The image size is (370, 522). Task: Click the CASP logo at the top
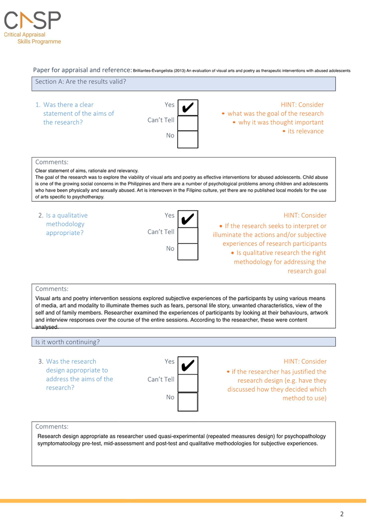pyautogui.click(x=32, y=20)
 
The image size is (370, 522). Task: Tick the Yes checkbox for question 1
pyautogui.click(x=188, y=108)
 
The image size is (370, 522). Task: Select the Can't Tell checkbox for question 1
pyautogui.click(x=188, y=123)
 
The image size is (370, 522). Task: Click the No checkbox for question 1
pyautogui.click(x=188, y=139)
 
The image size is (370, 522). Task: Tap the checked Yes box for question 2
pyautogui.click(x=188, y=218)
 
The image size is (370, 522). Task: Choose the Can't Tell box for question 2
pyautogui.click(x=188, y=235)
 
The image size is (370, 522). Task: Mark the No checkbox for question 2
pyautogui.click(x=188, y=251)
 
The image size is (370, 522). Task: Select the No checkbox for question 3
pyautogui.click(x=188, y=401)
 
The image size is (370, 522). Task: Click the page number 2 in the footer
pyautogui.click(x=342, y=514)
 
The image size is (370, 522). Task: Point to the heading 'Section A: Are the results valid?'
pyautogui.click(x=80, y=81)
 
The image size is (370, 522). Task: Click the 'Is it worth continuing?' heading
pyautogui.click(x=67, y=342)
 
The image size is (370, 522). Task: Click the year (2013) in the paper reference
pyautogui.click(x=184, y=70)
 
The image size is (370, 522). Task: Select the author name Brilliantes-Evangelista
pyautogui.click(x=155, y=70)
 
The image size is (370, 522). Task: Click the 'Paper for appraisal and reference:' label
pyautogui.click(x=82, y=70)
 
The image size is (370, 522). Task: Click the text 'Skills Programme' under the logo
pyautogui.click(x=39, y=41)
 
